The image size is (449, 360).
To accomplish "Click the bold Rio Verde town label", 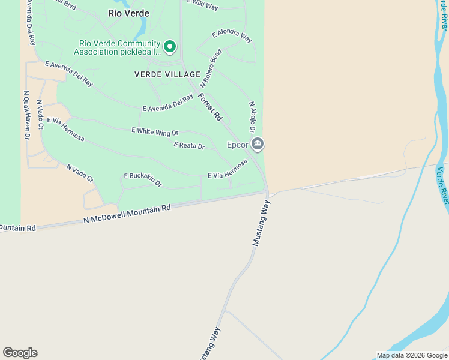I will coord(128,13).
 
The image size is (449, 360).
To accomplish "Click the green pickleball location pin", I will coord(170,46).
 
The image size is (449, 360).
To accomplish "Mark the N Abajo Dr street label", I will coord(253,117).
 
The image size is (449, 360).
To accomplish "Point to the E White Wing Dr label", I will coord(155,131).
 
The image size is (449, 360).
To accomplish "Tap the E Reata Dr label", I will coord(189,146).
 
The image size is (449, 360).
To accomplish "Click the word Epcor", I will coord(237,145).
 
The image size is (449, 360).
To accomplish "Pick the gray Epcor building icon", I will coord(258,144).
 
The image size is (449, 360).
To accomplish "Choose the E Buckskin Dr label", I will coord(143,178).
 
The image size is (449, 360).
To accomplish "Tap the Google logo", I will coord(20,353).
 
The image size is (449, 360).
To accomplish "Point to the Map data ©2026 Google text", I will coord(412,355).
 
